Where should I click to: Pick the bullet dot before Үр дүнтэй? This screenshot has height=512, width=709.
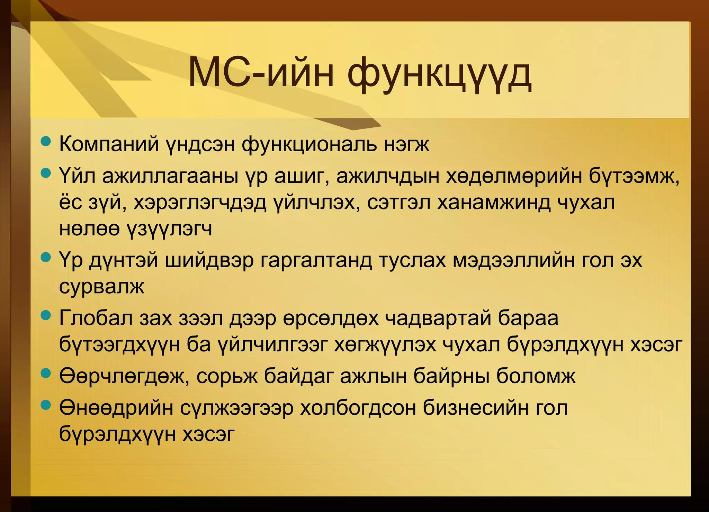[x=46, y=257]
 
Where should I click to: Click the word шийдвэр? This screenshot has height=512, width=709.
[x=209, y=260]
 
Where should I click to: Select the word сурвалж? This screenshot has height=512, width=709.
[x=101, y=287]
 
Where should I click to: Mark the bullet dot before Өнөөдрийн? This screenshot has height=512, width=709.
[x=46, y=405]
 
